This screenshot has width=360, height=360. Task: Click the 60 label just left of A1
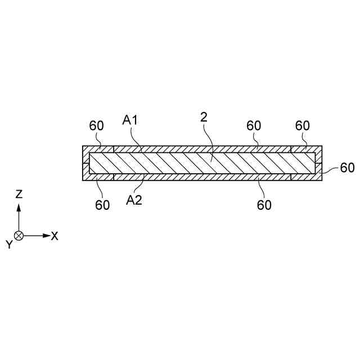[97, 125]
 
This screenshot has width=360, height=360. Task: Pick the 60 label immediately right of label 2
[254, 125]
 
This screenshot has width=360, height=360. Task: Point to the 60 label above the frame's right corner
[303, 125]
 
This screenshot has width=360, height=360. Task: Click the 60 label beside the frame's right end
[347, 168]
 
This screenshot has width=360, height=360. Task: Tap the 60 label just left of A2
[102, 205]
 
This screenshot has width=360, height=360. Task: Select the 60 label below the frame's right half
[264, 205]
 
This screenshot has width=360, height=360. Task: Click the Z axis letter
[19, 194]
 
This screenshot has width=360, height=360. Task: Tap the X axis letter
[55, 236]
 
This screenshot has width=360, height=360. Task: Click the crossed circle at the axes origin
[19, 236]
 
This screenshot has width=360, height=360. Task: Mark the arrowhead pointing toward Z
[19, 206]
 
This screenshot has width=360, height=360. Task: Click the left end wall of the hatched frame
[86, 164]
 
